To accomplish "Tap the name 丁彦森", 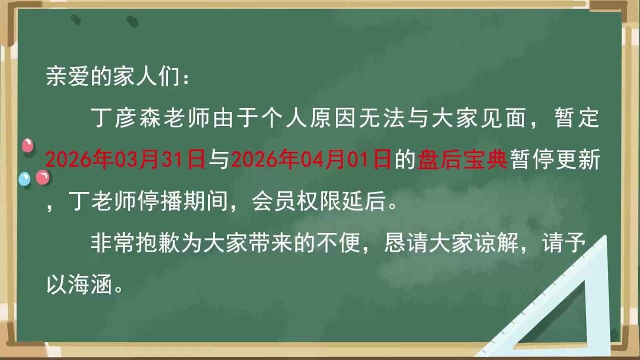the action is [126, 117].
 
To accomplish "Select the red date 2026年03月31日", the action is [125, 159].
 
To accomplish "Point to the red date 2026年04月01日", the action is [311, 159].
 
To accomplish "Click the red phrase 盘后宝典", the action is [462, 159].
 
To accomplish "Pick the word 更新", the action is [577, 159].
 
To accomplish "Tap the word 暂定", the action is [577, 117].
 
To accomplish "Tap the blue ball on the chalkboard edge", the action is [24, 179].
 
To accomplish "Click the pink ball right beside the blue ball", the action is [42, 177].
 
